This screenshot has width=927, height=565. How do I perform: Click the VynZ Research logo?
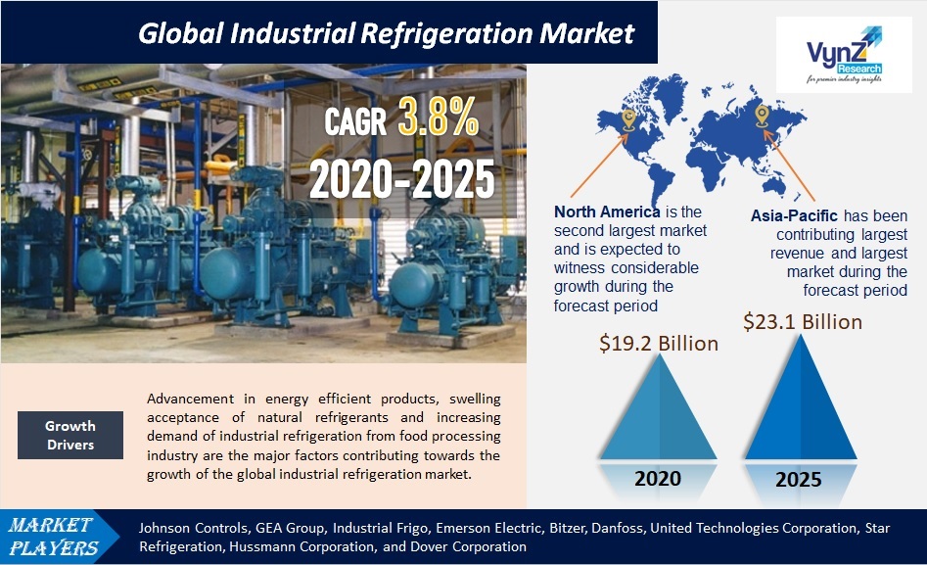[843, 57]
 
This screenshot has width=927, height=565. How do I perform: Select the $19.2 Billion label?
[659, 343]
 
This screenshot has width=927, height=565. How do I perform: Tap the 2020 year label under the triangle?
[658, 480]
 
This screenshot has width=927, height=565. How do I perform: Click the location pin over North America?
[629, 119]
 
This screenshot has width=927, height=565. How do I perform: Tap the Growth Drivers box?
[70, 435]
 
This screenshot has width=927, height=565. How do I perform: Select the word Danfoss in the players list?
[621, 528]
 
